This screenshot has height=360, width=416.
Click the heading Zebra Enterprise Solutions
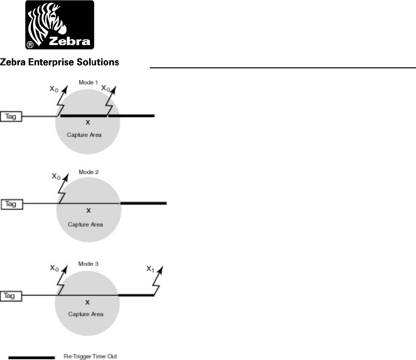tap(60, 62)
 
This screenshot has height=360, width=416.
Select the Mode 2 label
tap(89, 172)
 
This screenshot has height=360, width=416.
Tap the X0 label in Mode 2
tap(56, 177)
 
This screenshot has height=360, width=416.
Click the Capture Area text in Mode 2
tap(89, 225)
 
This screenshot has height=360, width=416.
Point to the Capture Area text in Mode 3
tap(88, 314)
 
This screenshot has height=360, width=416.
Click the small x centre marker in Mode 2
tap(89, 210)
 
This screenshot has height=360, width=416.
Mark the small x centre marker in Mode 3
tap(88, 302)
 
